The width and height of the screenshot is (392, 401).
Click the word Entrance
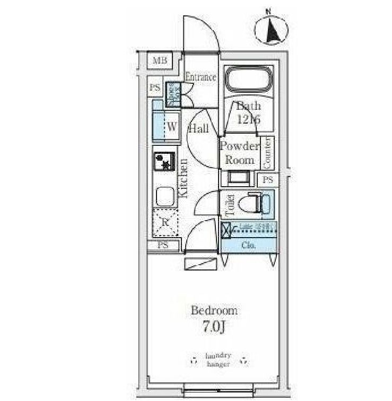click(x=201, y=77)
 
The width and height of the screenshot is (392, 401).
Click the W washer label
click(x=172, y=127)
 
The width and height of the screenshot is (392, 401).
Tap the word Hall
click(x=198, y=128)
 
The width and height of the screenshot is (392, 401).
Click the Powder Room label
click(x=240, y=153)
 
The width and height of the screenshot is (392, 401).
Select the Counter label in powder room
click(x=267, y=151)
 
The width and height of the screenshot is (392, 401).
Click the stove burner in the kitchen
click(x=165, y=161)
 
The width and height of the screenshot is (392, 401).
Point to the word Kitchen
click(x=183, y=178)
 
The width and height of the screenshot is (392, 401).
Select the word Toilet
click(x=230, y=206)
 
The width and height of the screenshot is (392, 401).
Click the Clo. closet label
click(x=248, y=245)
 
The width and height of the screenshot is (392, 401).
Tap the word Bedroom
click(x=214, y=310)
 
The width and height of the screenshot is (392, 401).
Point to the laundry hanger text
click(x=218, y=360)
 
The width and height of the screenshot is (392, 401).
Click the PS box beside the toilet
click(x=268, y=180)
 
